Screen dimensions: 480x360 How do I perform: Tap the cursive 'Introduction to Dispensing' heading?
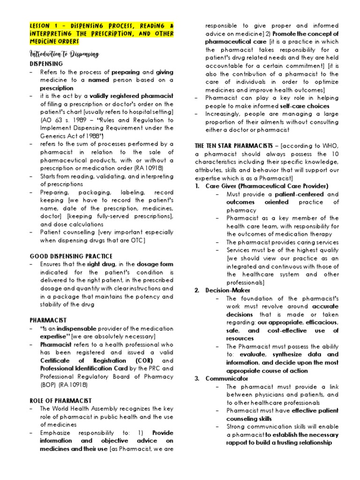pyautogui.click(x=65, y=54)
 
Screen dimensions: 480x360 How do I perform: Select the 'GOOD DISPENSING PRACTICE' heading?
pyautogui.click(x=71, y=256)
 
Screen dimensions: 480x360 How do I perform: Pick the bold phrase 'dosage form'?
pyautogui.click(x=155, y=264)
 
